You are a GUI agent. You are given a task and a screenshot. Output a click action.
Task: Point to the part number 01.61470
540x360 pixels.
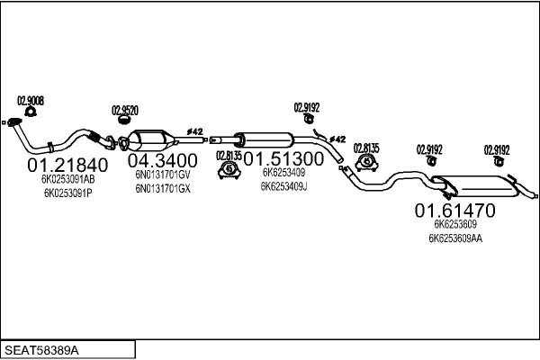tap(454, 211)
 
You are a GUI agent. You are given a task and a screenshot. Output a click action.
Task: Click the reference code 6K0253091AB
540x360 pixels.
tap(67, 179)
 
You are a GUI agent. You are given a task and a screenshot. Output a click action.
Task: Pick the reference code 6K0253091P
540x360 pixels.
tap(67, 193)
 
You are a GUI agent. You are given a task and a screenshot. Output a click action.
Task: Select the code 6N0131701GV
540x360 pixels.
tap(163, 175)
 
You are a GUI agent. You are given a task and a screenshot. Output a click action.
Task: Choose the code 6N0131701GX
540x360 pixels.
tap(163, 189)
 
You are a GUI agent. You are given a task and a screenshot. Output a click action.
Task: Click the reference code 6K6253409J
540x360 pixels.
tap(284, 187)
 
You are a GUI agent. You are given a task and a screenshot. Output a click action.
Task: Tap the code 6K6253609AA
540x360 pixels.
tap(455, 238)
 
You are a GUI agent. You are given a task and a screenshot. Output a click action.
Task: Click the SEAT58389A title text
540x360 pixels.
tap(42, 348)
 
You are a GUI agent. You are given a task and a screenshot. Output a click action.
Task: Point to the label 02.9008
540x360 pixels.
tap(31, 100)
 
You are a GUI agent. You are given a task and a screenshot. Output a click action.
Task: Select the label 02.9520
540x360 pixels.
tap(125, 111)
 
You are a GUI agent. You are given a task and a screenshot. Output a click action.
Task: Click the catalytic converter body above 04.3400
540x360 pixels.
tap(152, 141)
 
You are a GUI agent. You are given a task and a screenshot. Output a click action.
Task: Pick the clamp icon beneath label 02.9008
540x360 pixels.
tap(31, 112)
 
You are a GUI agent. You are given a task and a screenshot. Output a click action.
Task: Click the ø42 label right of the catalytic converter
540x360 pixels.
tap(194, 130)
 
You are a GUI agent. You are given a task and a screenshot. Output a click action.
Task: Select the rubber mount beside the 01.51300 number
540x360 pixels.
tap(229, 167)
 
